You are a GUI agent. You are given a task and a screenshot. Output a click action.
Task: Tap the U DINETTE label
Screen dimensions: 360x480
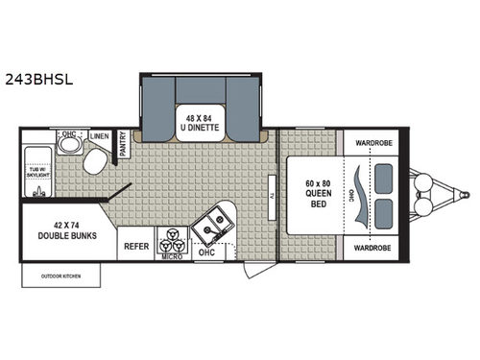click(203, 124)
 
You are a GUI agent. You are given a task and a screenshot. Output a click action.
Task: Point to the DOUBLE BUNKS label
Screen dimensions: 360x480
click(60, 231)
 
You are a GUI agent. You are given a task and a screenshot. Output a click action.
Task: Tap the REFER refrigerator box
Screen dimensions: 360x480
click(133, 246)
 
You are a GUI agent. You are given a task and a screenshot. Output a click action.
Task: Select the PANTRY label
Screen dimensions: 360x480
click(123, 145)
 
